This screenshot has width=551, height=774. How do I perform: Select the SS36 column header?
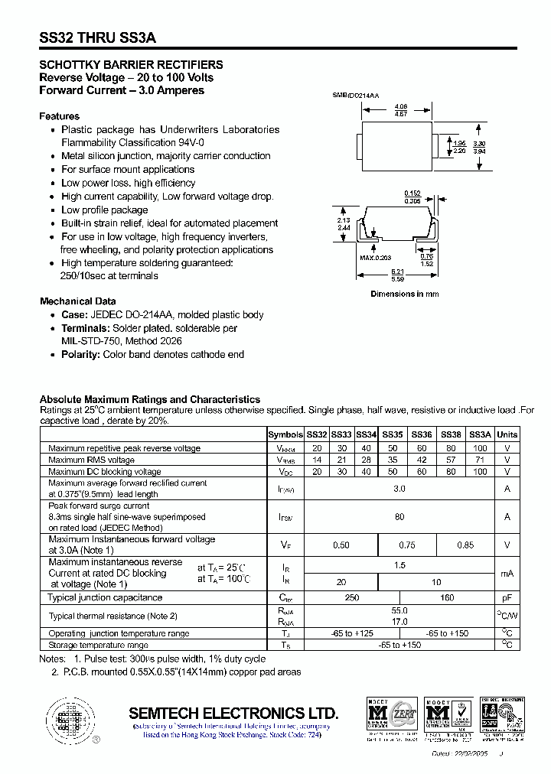click(422, 434)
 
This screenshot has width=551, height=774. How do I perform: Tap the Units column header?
click(507, 434)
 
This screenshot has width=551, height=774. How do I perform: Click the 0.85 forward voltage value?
click(465, 545)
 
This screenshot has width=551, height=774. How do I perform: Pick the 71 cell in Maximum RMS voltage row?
click(480, 460)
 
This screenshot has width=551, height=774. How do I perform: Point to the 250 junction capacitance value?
click(352, 597)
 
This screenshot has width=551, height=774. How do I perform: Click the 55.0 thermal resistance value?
click(399, 611)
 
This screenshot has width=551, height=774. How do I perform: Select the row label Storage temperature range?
click(98, 646)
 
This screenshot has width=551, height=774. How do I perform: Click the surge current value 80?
click(399, 517)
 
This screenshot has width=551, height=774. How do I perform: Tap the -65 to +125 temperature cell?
click(352, 633)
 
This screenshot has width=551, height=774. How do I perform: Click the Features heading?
click(60, 116)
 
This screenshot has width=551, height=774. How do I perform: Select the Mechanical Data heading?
click(78, 301)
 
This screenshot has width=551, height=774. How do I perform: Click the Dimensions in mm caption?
click(405, 294)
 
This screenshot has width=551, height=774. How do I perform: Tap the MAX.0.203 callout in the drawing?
click(376, 258)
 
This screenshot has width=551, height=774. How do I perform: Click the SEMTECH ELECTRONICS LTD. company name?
click(233, 713)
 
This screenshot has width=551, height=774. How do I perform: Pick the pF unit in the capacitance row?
click(507, 597)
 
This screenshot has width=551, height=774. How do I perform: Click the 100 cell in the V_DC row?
click(480, 472)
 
